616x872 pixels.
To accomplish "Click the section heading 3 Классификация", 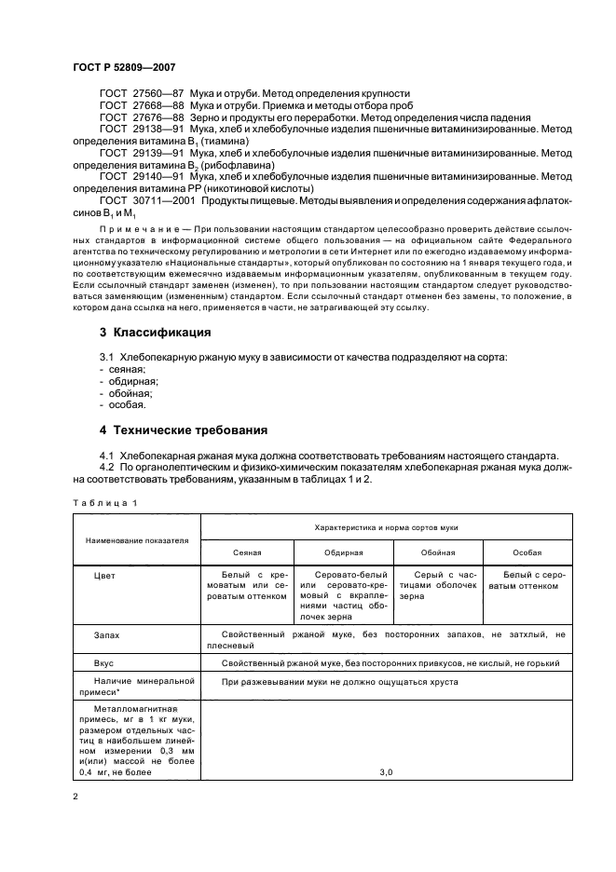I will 155,333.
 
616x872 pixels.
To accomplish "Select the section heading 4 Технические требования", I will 184,430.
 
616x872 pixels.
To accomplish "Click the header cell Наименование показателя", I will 136,539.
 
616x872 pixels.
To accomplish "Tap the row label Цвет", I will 104,577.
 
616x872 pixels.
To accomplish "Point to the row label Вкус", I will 104,663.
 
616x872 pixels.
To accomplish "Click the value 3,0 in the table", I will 386,772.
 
